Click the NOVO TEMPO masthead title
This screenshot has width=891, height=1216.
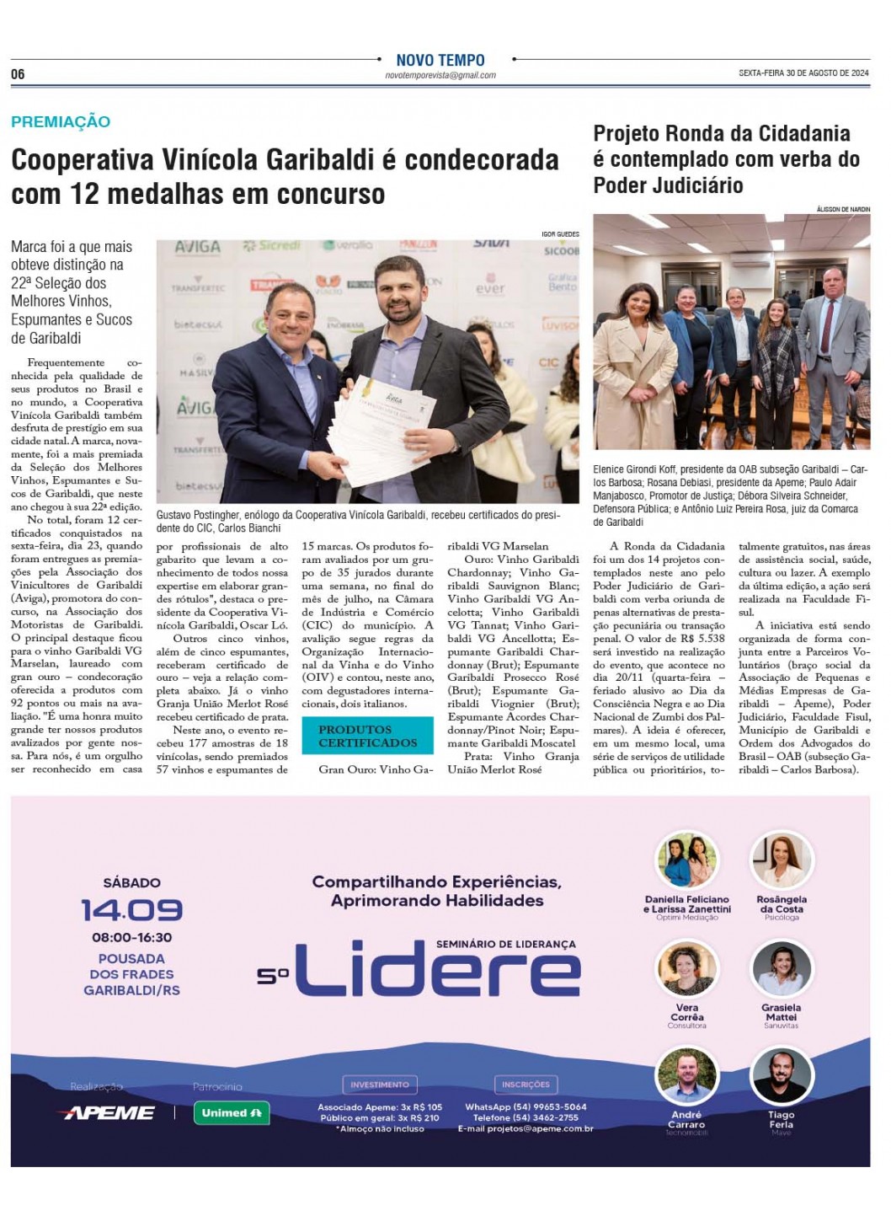[x=440, y=60]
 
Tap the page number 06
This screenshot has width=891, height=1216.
[x=18, y=74]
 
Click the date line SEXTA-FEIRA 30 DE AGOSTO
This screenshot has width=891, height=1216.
[x=803, y=73]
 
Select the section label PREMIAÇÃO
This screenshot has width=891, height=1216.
[x=61, y=121]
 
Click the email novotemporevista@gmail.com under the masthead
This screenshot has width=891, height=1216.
[x=440, y=75]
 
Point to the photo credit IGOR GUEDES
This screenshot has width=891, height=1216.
[x=560, y=233]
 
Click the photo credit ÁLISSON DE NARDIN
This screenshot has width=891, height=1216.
[x=843, y=208]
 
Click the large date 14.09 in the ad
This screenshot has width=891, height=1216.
[x=131, y=910]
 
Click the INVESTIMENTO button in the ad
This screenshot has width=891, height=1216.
[x=379, y=1085]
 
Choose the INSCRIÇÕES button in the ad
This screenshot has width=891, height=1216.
[x=526, y=1085]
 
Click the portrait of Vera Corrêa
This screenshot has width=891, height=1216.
[x=686, y=969]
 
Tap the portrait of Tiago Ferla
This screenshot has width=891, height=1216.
[x=781, y=1076]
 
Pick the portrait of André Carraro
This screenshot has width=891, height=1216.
[x=686, y=1076]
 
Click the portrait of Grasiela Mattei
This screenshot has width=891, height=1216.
[x=781, y=969]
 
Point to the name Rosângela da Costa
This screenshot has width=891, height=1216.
[x=782, y=904]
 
